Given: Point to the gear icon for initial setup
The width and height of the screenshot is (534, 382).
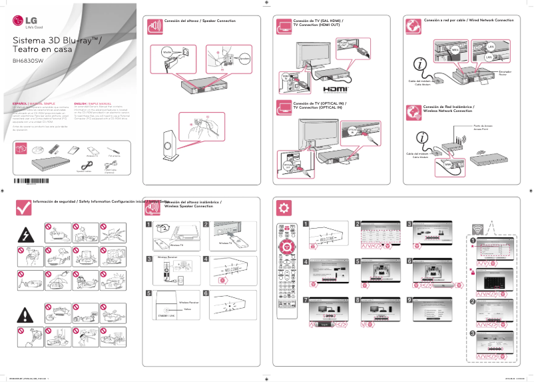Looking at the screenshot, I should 284,207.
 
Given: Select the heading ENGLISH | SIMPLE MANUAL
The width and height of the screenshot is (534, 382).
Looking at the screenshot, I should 92,105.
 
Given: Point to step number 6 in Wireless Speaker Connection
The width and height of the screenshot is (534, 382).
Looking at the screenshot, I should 206,293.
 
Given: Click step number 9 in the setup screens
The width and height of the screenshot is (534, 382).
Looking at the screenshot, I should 409,299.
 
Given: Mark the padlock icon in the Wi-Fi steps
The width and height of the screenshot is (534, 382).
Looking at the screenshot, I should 471,273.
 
